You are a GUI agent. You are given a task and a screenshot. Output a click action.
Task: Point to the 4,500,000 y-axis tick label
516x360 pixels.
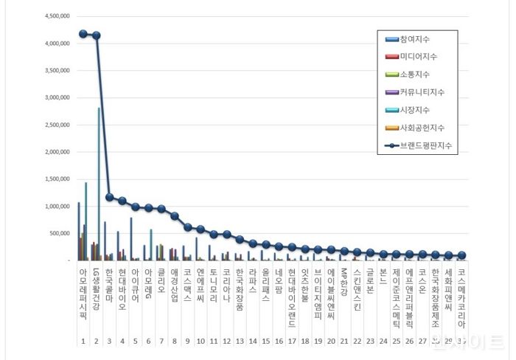[x=57, y=16]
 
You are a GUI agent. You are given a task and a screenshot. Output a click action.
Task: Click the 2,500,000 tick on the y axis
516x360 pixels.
[x=57, y=125]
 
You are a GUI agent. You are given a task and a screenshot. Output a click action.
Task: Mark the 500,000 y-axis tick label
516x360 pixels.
[x=58, y=233]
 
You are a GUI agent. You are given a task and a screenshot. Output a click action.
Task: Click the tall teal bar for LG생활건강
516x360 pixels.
[x=99, y=184]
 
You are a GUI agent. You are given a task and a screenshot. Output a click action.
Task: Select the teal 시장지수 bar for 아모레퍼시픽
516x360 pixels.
[x=86, y=221]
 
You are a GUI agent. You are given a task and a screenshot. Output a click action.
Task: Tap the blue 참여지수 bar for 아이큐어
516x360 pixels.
[x=131, y=239]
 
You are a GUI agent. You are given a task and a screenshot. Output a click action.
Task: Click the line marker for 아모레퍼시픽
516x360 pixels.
[x=83, y=34]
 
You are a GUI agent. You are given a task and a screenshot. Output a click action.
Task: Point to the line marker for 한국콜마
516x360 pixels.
[x=109, y=197]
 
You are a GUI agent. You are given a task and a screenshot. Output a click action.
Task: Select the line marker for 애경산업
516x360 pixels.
[x=174, y=216]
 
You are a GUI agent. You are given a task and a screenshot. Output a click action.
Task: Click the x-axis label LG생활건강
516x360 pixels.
[x=96, y=288]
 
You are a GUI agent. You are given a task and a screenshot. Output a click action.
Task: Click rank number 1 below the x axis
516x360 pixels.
[x=83, y=342]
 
